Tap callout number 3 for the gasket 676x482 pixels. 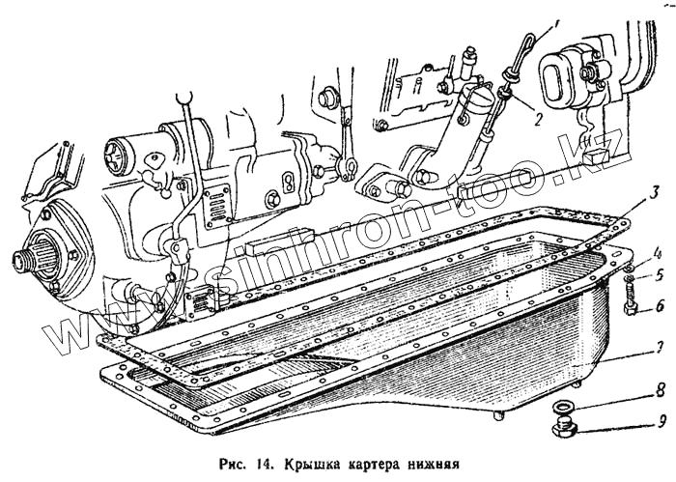[x=655, y=190]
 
